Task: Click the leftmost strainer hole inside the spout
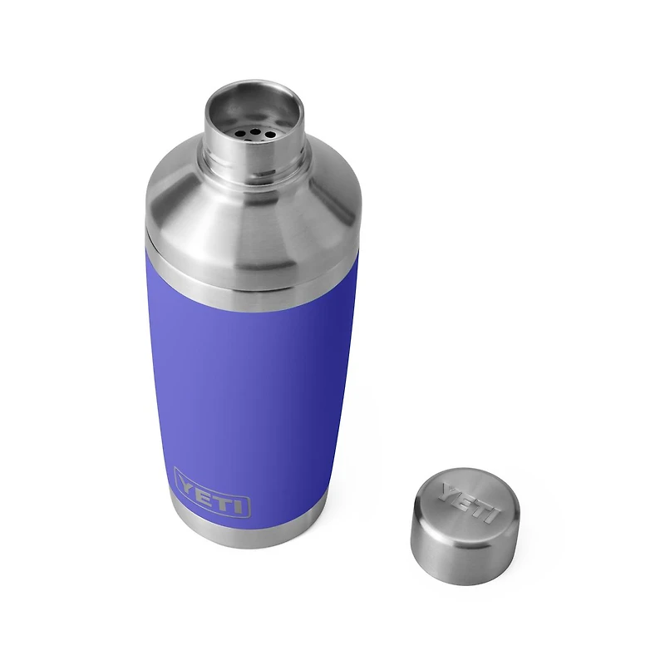[239, 135]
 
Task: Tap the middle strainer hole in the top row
[255, 132]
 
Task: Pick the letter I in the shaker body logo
[238, 507]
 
